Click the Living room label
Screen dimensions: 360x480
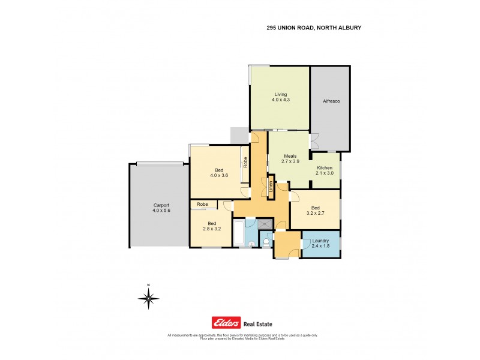pyautogui.click(x=281, y=94)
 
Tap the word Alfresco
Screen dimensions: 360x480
pyautogui.click(x=330, y=101)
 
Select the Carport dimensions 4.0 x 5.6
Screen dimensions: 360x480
pyautogui.click(x=157, y=211)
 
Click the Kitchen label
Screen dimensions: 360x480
pyautogui.click(x=324, y=167)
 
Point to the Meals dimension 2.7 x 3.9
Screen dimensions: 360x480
pyautogui.click(x=290, y=161)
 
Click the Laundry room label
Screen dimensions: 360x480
pyautogui.click(x=320, y=241)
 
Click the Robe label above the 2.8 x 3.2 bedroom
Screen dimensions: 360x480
pyautogui.click(x=203, y=205)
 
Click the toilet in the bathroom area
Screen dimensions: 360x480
pyautogui.click(x=266, y=242)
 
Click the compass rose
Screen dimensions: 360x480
pyautogui.click(x=148, y=298)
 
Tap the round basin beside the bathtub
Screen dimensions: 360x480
pyautogui.click(x=250, y=244)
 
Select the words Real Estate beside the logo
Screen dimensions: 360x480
pyautogui.click(x=259, y=323)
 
